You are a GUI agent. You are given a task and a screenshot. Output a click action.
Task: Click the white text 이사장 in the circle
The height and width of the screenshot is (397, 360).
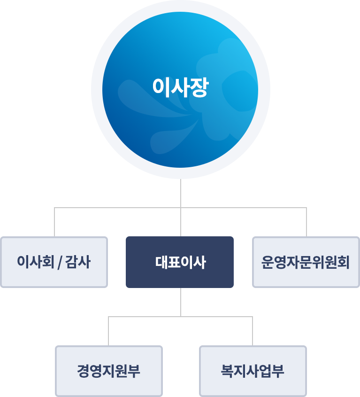pos(180,87)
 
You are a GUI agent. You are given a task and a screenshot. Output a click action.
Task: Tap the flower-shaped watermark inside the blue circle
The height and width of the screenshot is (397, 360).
pos(225,89)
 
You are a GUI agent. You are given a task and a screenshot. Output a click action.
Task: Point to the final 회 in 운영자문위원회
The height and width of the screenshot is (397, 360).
pos(343,262)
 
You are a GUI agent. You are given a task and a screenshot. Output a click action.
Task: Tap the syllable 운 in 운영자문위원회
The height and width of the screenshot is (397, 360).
pos(267,262)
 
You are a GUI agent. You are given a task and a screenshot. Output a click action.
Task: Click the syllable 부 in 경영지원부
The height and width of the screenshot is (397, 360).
pos(134,371)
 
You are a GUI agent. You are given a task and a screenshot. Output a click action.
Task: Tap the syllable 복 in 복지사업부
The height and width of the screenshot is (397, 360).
pos(228,371)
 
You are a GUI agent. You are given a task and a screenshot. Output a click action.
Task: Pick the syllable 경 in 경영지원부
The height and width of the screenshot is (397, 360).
pos(84,371)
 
